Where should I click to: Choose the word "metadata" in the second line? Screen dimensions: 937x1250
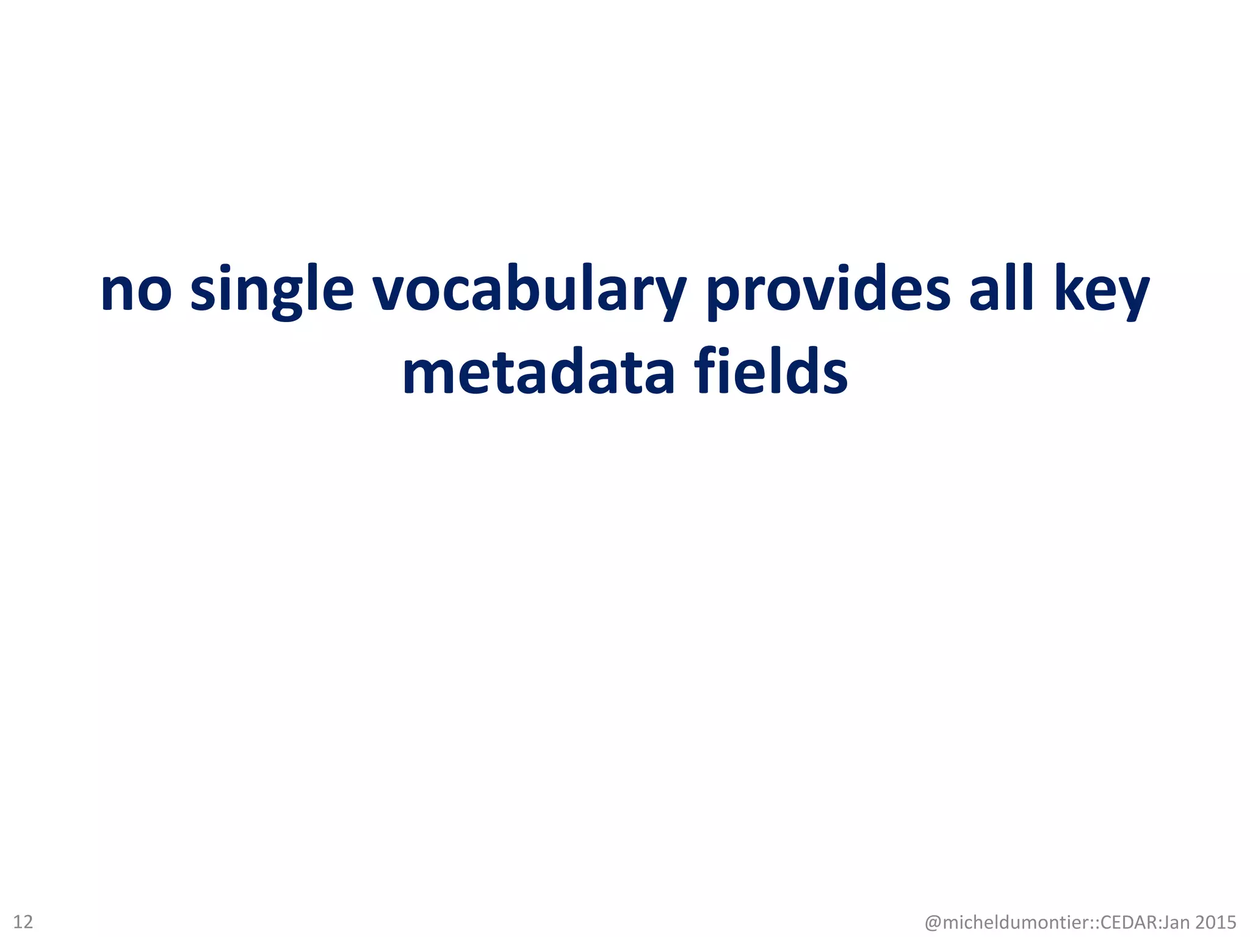coord(538,372)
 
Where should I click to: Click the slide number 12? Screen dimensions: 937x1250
coord(23,921)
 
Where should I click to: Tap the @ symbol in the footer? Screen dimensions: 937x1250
coord(933,922)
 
